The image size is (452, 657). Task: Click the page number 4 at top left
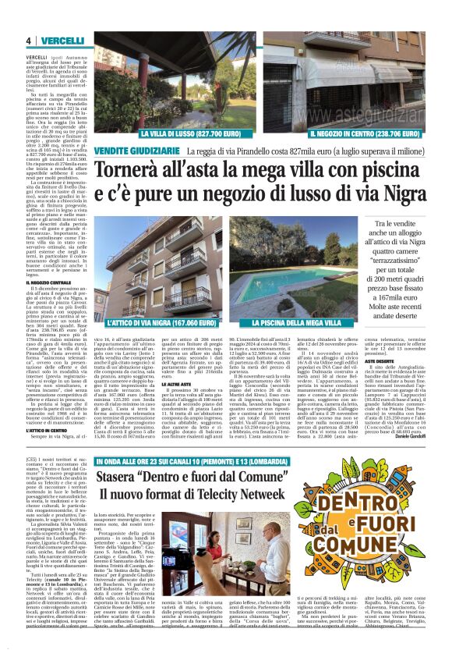pyautogui.click(x=29, y=41)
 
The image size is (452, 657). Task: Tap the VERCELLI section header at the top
pyautogui.click(x=62, y=41)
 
